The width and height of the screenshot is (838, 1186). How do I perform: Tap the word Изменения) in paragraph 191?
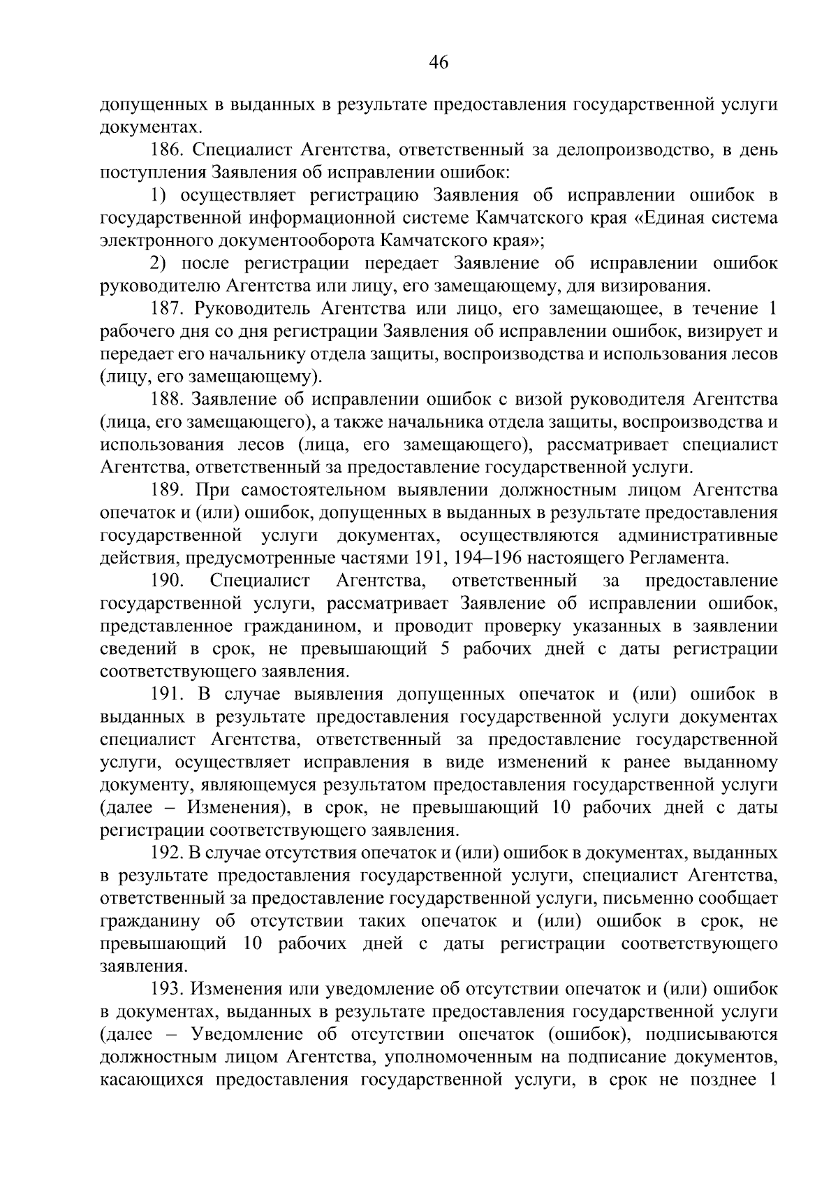tap(238, 808)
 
